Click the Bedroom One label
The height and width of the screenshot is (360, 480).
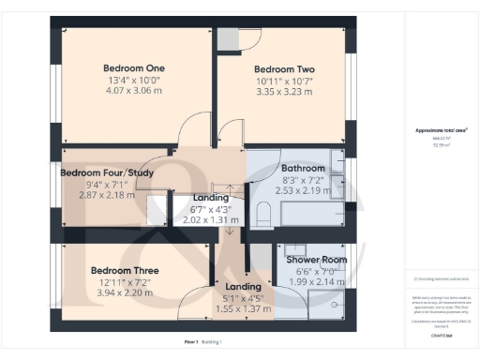pos(133,67)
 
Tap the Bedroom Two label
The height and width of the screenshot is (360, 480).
pos(284,69)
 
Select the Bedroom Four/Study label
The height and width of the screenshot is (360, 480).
pos(106,172)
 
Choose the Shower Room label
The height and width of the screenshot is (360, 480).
pos(315,260)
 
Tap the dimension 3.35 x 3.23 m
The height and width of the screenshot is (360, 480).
pos(284,93)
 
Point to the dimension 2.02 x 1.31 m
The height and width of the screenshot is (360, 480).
pos(211,220)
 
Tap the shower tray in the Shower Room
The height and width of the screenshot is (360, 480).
pos(332,297)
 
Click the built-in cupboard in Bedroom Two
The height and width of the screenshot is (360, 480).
pos(227,38)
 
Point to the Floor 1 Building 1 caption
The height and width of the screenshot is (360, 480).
pos(201,342)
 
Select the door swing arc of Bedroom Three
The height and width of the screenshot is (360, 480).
pos(194,302)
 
